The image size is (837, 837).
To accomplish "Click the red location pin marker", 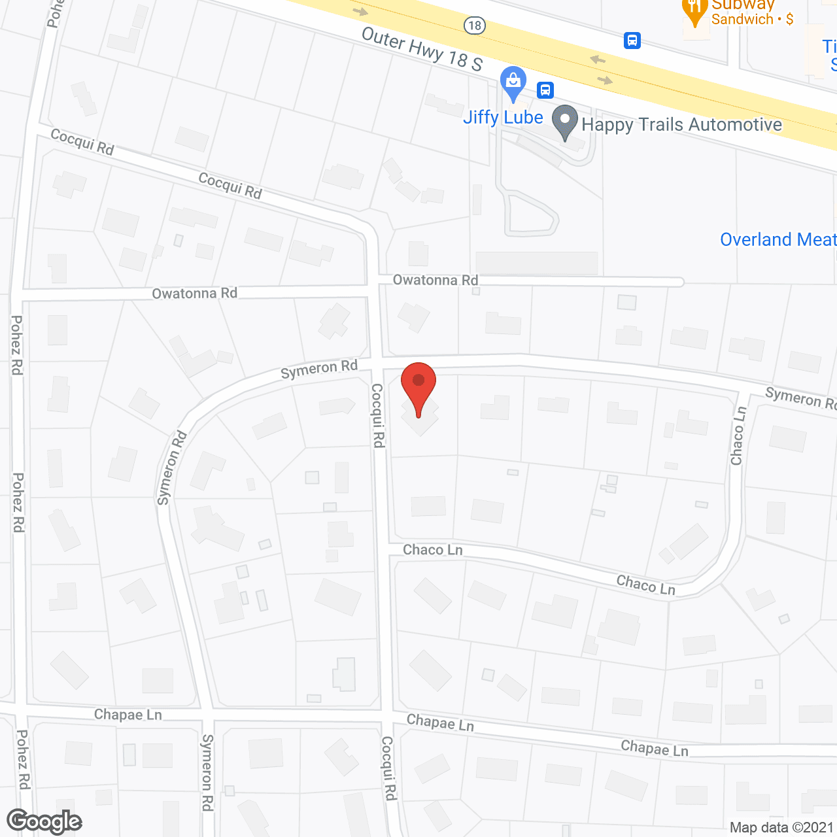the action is pyautogui.click(x=418, y=386).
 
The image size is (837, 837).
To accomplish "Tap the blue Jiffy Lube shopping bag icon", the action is pyautogui.click(x=513, y=83).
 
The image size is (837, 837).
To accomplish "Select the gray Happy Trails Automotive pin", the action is pyautogui.click(x=565, y=122).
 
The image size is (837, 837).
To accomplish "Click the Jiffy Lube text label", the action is pyautogui.click(x=503, y=118).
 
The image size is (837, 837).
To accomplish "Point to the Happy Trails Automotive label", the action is pyautogui.click(x=681, y=124).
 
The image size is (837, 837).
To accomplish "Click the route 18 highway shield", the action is pyautogui.click(x=474, y=26).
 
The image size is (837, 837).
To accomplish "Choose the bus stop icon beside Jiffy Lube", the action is pyautogui.click(x=545, y=90).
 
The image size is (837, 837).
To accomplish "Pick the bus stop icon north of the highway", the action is pyautogui.click(x=632, y=41).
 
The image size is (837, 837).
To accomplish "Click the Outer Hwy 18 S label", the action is pyautogui.click(x=422, y=49).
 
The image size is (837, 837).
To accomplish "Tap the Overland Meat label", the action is pyautogui.click(x=777, y=239).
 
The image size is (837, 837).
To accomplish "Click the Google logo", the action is pyautogui.click(x=44, y=821).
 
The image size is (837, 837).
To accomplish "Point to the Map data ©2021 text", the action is pyautogui.click(x=781, y=827).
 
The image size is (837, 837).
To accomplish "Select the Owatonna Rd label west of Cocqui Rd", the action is pyautogui.click(x=194, y=293).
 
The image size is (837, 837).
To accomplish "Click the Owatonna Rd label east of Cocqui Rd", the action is pyautogui.click(x=435, y=280).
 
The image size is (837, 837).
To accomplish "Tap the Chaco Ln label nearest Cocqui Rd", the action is pyautogui.click(x=432, y=550).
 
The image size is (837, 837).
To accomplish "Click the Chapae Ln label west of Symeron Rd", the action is pyautogui.click(x=128, y=715).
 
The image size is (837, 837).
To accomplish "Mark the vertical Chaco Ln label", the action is pyautogui.click(x=738, y=436).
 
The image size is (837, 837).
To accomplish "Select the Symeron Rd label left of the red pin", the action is pyautogui.click(x=319, y=369).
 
